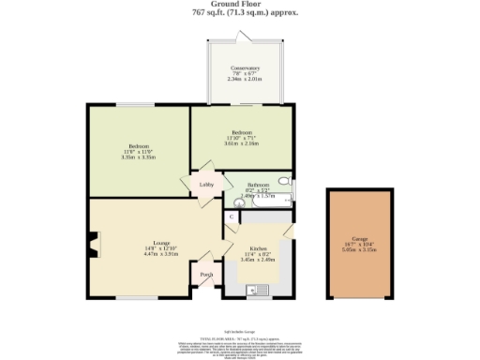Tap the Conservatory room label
[x=246, y=68]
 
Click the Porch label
[x=207, y=275]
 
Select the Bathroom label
[x=259, y=186]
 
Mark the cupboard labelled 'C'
[x=232, y=217]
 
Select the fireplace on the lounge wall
[x=93, y=247]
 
